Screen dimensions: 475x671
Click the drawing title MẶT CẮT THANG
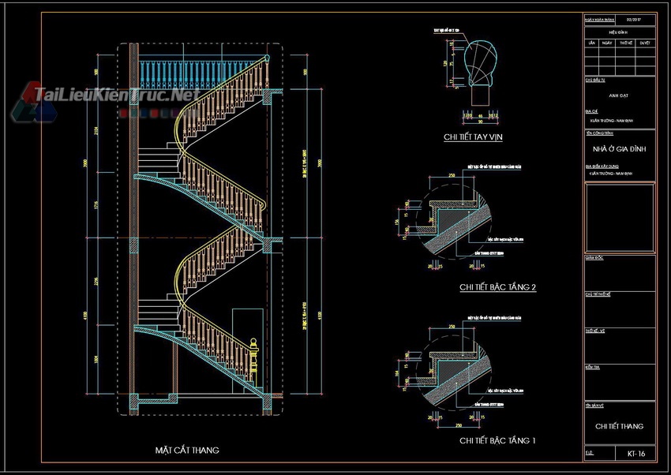click(x=187, y=450)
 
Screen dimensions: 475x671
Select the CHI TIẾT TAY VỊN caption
click(x=474, y=137)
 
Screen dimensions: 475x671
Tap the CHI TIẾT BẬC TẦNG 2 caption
click(x=497, y=287)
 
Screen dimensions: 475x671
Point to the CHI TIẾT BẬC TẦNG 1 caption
click(x=497, y=439)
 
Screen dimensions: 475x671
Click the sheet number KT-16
click(x=636, y=454)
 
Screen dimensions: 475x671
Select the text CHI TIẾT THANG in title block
click(x=620, y=426)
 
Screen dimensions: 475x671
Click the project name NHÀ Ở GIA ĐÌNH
click(x=620, y=148)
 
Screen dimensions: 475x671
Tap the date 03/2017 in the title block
click(x=635, y=17)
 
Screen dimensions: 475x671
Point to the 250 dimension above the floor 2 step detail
click(x=451, y=175)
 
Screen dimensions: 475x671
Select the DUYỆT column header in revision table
click(x=645, y=43)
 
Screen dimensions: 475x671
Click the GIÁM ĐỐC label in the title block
click(x=594, y=257)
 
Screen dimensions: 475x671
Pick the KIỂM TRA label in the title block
click(x=592, y=368)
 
